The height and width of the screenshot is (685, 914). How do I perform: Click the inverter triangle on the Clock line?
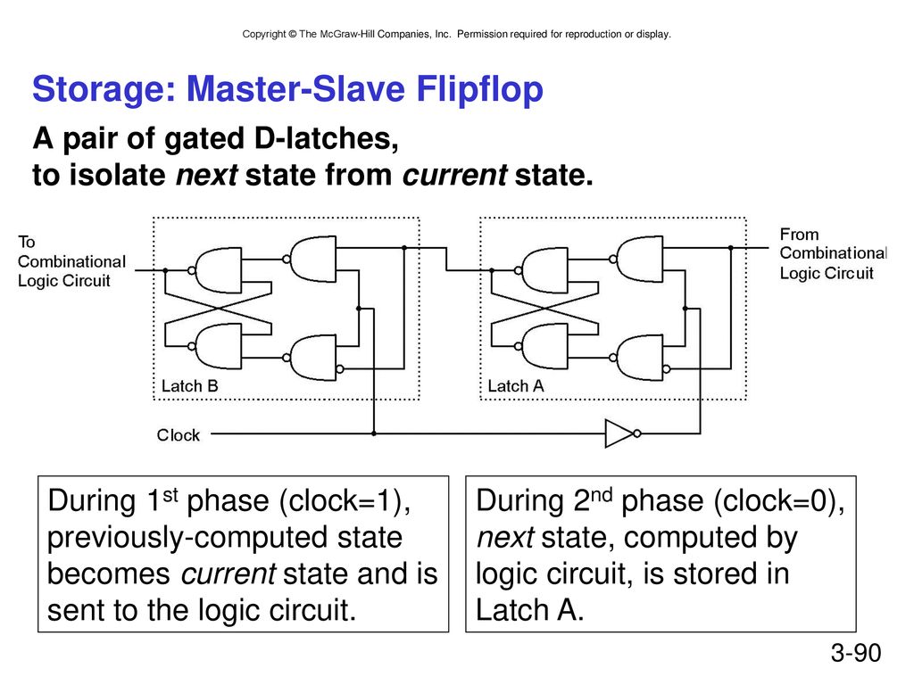coord(619,433)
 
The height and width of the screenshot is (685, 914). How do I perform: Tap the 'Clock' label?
coord(178,435)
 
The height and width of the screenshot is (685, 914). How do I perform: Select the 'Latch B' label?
coord(189,385)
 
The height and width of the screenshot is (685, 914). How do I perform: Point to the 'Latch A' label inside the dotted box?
coord(515,385)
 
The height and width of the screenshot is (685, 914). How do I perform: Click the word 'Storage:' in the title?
coord(104,89)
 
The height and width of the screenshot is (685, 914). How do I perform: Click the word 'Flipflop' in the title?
coord(479,90)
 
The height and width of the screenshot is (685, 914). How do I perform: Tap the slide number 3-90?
coord(856,652)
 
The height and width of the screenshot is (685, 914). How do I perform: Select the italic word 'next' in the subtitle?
coord(206,175)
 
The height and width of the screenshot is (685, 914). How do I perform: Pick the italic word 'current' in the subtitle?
coord(454,175)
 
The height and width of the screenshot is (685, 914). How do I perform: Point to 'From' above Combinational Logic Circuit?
coord(799,235)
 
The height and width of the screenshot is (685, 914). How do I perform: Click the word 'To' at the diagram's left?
coord(26,242)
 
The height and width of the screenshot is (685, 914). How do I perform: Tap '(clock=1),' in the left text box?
coord(345,501)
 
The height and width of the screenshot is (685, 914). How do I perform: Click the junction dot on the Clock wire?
coord(374,433)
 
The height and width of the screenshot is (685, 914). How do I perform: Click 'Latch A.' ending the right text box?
coord(529,610)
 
